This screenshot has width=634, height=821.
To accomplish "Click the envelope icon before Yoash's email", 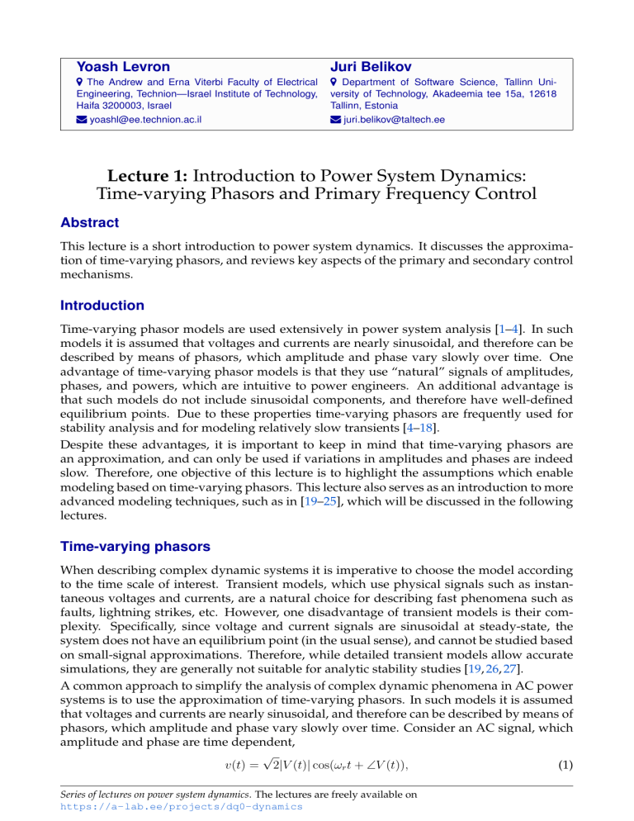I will pyautogui.click(x=81, y=120).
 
